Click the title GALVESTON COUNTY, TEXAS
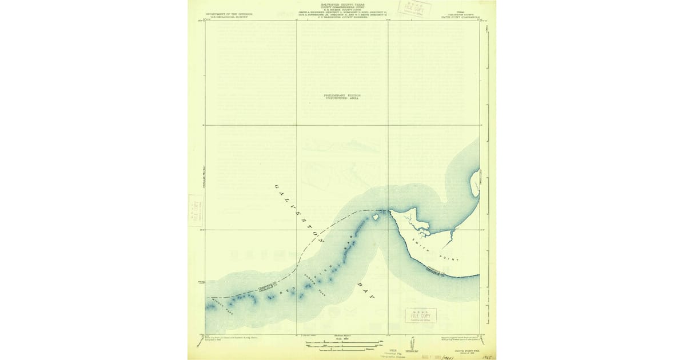342,3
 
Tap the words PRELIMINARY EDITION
342,95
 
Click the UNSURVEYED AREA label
342,99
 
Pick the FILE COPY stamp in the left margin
196,210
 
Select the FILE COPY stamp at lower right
421,316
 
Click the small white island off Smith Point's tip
376,216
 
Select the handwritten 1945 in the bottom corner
486,355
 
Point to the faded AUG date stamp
434,354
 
